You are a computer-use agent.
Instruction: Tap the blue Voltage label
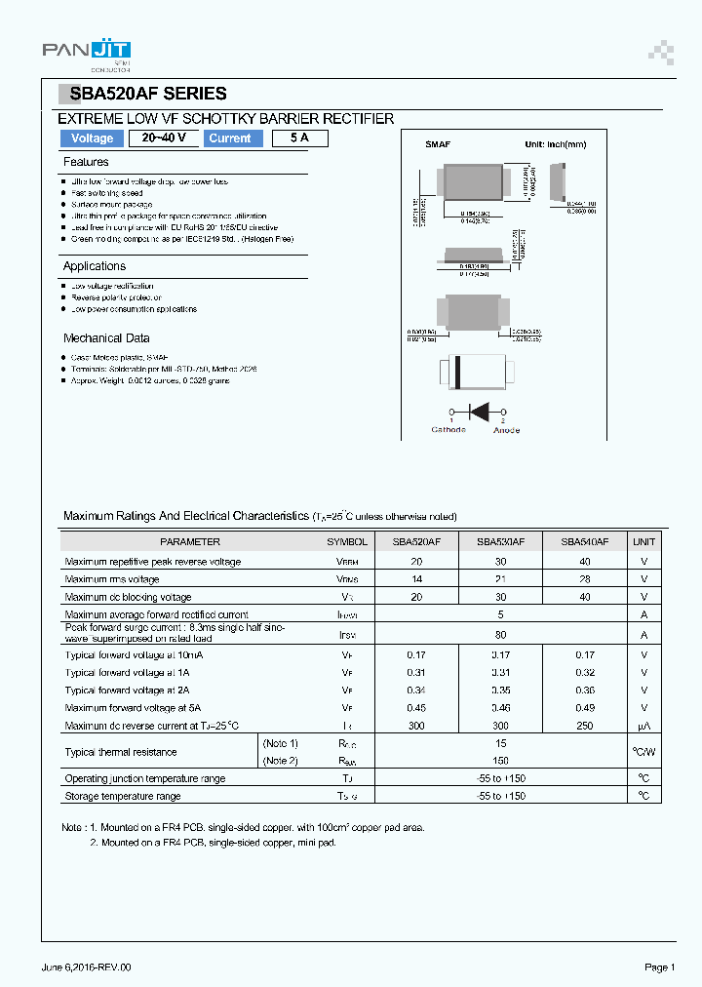coord(93,138)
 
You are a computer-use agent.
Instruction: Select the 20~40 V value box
coord(164,138)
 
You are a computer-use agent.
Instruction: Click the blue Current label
coord(230,138)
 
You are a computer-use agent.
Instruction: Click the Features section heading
coord(86,162)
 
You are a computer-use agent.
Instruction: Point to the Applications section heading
coord(95,266)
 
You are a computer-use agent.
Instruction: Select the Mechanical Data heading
coord(106,338)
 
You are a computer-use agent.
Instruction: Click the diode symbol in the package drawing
coord(478,410)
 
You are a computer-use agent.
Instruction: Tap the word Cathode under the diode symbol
coord(448,430)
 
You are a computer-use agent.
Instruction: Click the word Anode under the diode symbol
coord(507,430)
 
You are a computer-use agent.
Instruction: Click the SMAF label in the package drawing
coord(438,144)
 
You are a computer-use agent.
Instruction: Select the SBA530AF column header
coord(500,541)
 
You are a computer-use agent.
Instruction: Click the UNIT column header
coord(644,541)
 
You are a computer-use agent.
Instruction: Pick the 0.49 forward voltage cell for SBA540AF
coord(585,708)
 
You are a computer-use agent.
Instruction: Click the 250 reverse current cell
coord(585,726)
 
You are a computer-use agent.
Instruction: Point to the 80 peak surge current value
coord(500,635)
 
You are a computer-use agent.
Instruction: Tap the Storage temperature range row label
coord(123,797)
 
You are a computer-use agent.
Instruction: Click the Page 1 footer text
coord(659,967)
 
